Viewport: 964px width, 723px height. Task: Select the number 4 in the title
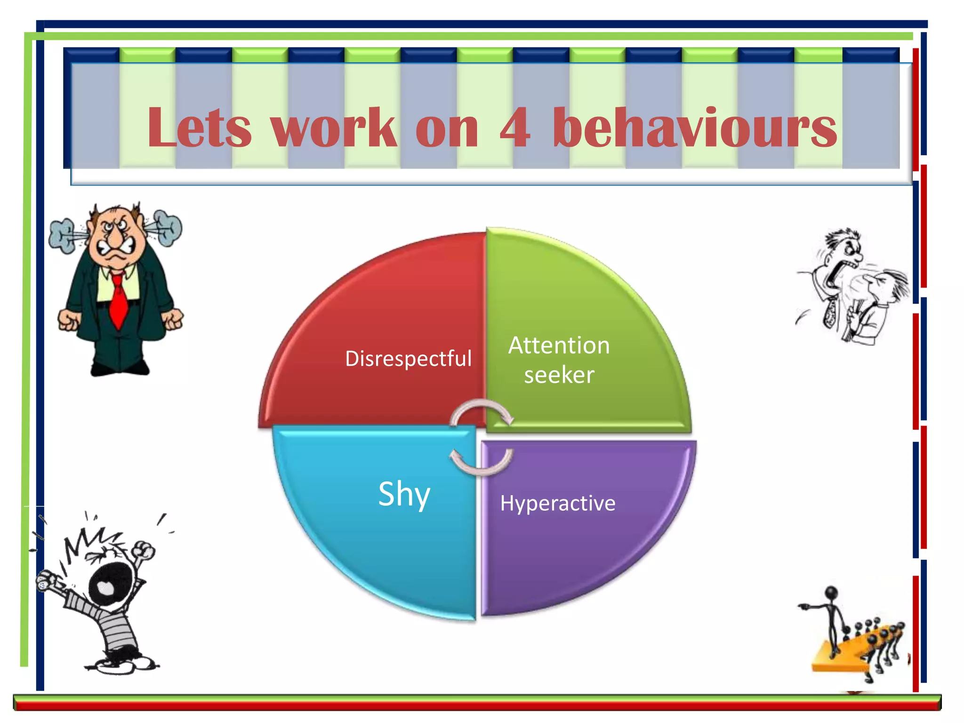(515, 127)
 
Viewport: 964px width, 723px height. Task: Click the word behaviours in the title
(695, 127)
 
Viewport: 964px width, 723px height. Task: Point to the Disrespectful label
(408, 359)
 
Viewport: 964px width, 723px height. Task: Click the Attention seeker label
(559, 360)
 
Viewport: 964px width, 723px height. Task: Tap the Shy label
(404, 494)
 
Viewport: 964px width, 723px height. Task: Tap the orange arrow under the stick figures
(843, 657)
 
